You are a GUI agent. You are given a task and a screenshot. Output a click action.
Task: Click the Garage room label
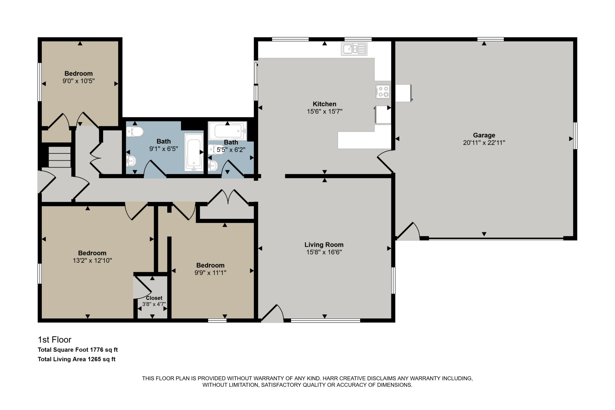coord(484,135)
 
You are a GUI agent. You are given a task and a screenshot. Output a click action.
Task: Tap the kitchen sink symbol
coord(354,49)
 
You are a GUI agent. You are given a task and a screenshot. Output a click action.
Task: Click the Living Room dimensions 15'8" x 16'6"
coord(324,252)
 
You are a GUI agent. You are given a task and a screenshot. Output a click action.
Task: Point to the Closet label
coord(154,298)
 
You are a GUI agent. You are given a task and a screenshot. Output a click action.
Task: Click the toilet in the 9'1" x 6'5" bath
coord(135,132)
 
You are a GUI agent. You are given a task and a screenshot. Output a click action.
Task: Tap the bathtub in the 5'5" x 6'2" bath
coord(228,131)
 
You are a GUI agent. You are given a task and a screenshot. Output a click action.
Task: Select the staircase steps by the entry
coord(60,157)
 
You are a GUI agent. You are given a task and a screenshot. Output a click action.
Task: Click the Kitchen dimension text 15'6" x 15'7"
coord(325,111)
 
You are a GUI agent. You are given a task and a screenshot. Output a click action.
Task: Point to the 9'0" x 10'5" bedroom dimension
coord(79,81)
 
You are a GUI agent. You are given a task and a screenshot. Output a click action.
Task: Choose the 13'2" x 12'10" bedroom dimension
coord(92,260)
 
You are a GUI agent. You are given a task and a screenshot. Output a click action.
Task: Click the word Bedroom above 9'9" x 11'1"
coord(210,265)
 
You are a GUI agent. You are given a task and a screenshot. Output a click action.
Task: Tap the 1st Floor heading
coord(55,340)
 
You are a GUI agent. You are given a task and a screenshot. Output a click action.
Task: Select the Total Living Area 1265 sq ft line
coord(77,359)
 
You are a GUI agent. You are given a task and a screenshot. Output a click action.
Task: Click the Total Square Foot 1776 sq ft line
coord(78,350)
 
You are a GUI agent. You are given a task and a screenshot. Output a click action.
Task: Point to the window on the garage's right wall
coord(575,136)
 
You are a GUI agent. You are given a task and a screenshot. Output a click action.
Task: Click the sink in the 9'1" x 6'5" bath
coord(131,161)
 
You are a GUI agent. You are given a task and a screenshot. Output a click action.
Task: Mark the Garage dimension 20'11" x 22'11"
coord(484,143)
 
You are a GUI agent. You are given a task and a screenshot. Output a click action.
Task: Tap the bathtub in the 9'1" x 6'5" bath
coord(194,152)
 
